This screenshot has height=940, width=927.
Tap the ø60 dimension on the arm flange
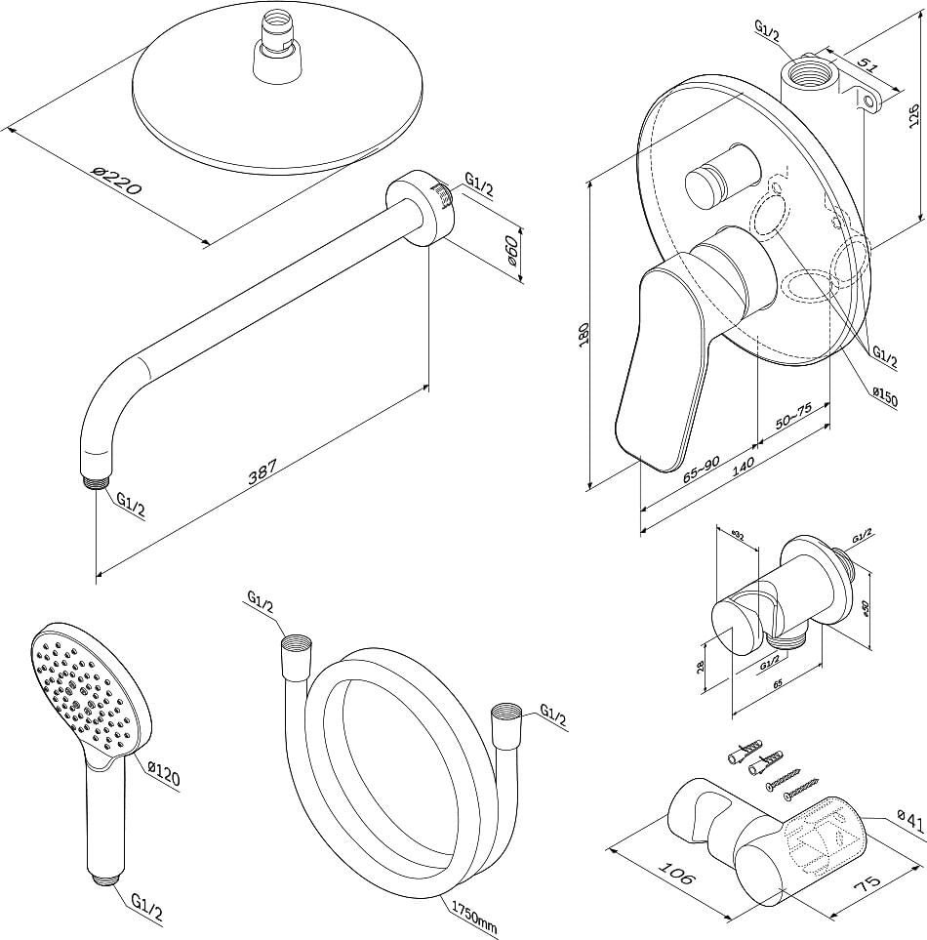pos(511,255)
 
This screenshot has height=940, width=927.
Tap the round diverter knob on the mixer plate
pos(719,178)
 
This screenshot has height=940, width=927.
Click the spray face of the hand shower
pos(84,689)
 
